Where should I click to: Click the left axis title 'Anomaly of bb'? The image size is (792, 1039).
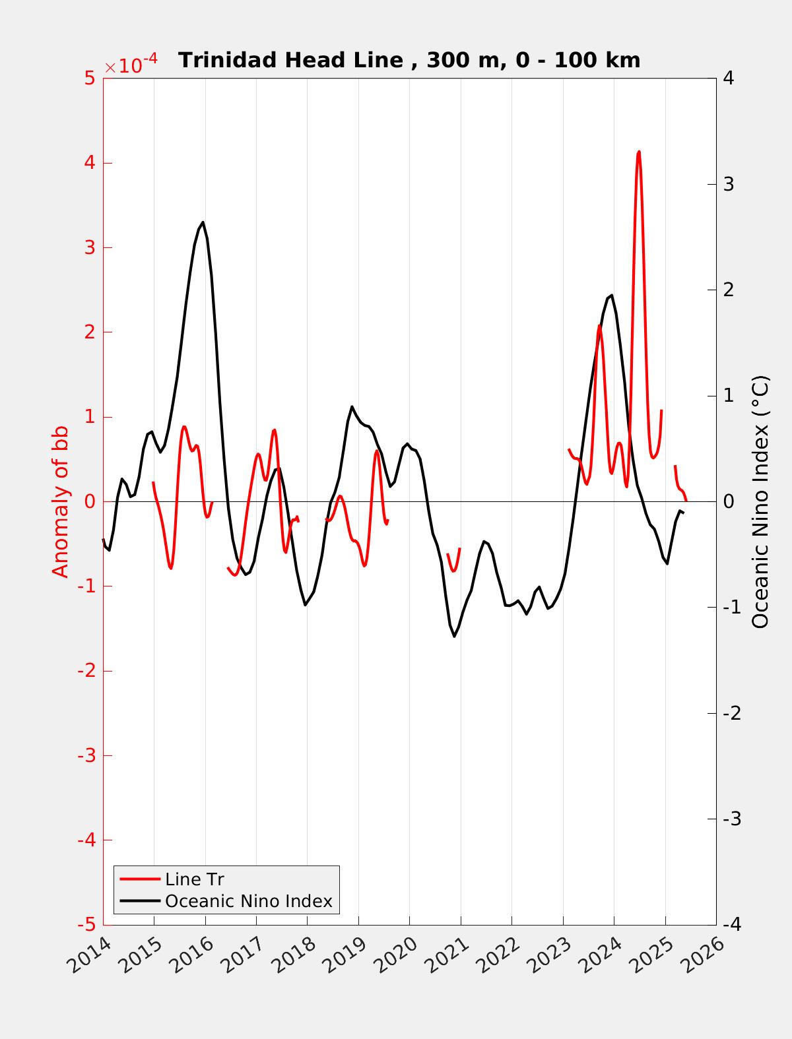point(61,501)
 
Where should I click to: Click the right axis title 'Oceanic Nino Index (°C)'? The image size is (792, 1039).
point(761,501)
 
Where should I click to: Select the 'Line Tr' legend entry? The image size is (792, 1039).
point(195,879)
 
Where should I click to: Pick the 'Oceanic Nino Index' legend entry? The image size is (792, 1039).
point(248,900)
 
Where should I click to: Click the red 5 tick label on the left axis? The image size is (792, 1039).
point(89,79)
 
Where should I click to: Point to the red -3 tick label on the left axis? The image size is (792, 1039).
point(85,755)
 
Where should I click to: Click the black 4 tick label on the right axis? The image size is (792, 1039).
point(729,79)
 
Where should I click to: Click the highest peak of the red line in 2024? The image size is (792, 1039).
point(639,152)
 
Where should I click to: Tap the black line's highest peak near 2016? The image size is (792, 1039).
point(203,222)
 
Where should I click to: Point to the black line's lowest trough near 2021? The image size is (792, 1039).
point(454,636)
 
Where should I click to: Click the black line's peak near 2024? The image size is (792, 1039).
point(612,296)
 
